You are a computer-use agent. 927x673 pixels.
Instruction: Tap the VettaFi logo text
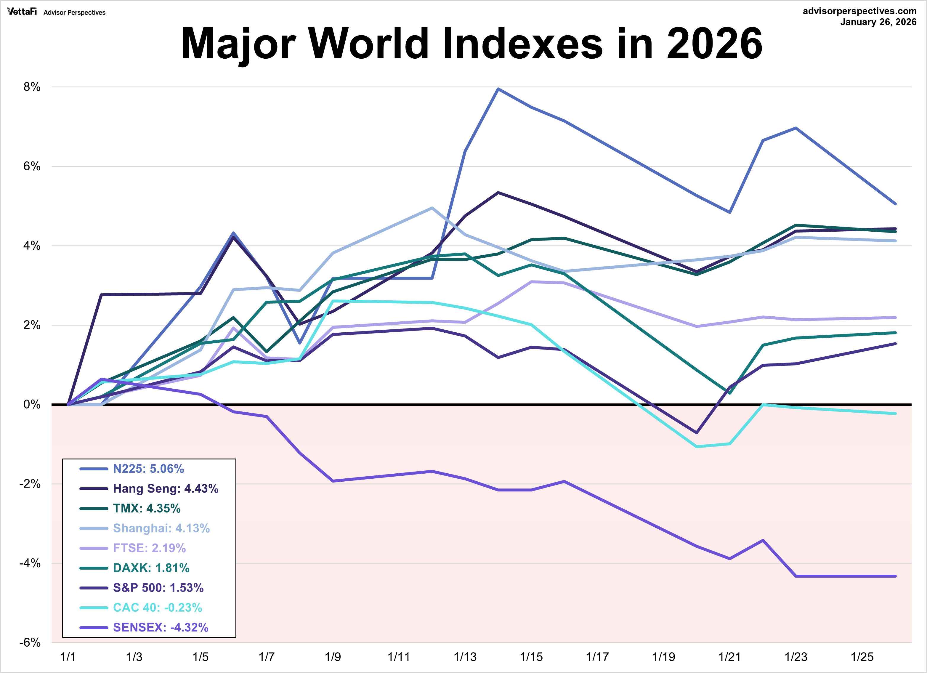pyautogui.click(x=22, y=12)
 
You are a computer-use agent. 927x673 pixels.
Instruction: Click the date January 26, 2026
pyautogui.click(x=878, y=22)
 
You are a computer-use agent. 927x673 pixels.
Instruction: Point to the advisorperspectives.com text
pyautogui.click(x=859, y=11)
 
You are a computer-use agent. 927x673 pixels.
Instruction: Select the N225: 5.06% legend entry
pyautogui.click(x=148, y=469)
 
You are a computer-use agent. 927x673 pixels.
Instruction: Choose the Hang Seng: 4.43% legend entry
pyautogui.click(x=166, y=488)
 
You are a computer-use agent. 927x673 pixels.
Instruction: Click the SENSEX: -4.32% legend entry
pyautogui.click(x=161, y=627)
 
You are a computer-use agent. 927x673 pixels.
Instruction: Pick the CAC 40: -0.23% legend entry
pyautogui.click(x=157, y=608)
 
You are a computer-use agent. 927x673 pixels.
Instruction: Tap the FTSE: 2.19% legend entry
pyautogui.click(x=149, y=548)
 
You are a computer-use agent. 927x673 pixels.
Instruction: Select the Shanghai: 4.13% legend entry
pyautogui.click(x=161, y=528)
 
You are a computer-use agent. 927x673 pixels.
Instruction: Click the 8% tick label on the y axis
pyautogui.click(x=32, y=87)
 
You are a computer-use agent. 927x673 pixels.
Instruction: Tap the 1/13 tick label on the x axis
pyautogui.click(x=465, y=657)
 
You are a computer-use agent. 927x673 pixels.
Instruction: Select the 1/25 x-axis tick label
pyautogui.click(x=862, y=657)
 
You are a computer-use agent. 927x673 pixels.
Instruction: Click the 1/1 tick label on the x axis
pyautogui.click(x=68, y=657)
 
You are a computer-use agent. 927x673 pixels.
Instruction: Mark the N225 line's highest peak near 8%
pyautogui.click(x=498, y=89)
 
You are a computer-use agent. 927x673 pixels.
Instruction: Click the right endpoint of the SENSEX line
pyautogui.click(x=895, y=576)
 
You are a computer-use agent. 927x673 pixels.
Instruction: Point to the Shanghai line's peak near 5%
pyautogui.click(x=432, y=208)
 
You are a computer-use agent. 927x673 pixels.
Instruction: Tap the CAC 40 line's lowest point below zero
pyautogui.click(x=697, y=446)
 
